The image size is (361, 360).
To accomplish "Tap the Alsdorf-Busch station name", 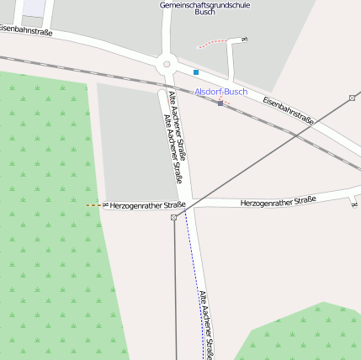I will click(x=221, y=92).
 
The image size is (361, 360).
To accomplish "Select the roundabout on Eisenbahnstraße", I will click(x=167, y=63).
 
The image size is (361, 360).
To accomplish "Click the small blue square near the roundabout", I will click(x=196, y=72).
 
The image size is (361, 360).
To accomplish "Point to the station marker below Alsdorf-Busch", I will click(x=220, y=103).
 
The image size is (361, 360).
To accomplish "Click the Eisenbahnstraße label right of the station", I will click(x=288, y=111).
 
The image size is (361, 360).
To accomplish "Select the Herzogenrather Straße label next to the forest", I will click(x=147, y=204).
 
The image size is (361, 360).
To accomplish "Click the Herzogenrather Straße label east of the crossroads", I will click(x=278, y=201).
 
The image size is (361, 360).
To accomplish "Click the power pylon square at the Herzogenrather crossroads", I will click(x=174, y=217).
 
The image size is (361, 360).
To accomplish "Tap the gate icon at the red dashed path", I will click(x=243, y=40).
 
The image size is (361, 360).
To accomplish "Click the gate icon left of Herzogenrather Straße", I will click(x=105, y=205).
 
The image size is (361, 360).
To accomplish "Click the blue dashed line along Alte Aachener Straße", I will click(x=194, y=269).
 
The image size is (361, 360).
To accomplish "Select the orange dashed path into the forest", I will click(x=93, y=205).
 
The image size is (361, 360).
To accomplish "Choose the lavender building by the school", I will click(x=34, y=7).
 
